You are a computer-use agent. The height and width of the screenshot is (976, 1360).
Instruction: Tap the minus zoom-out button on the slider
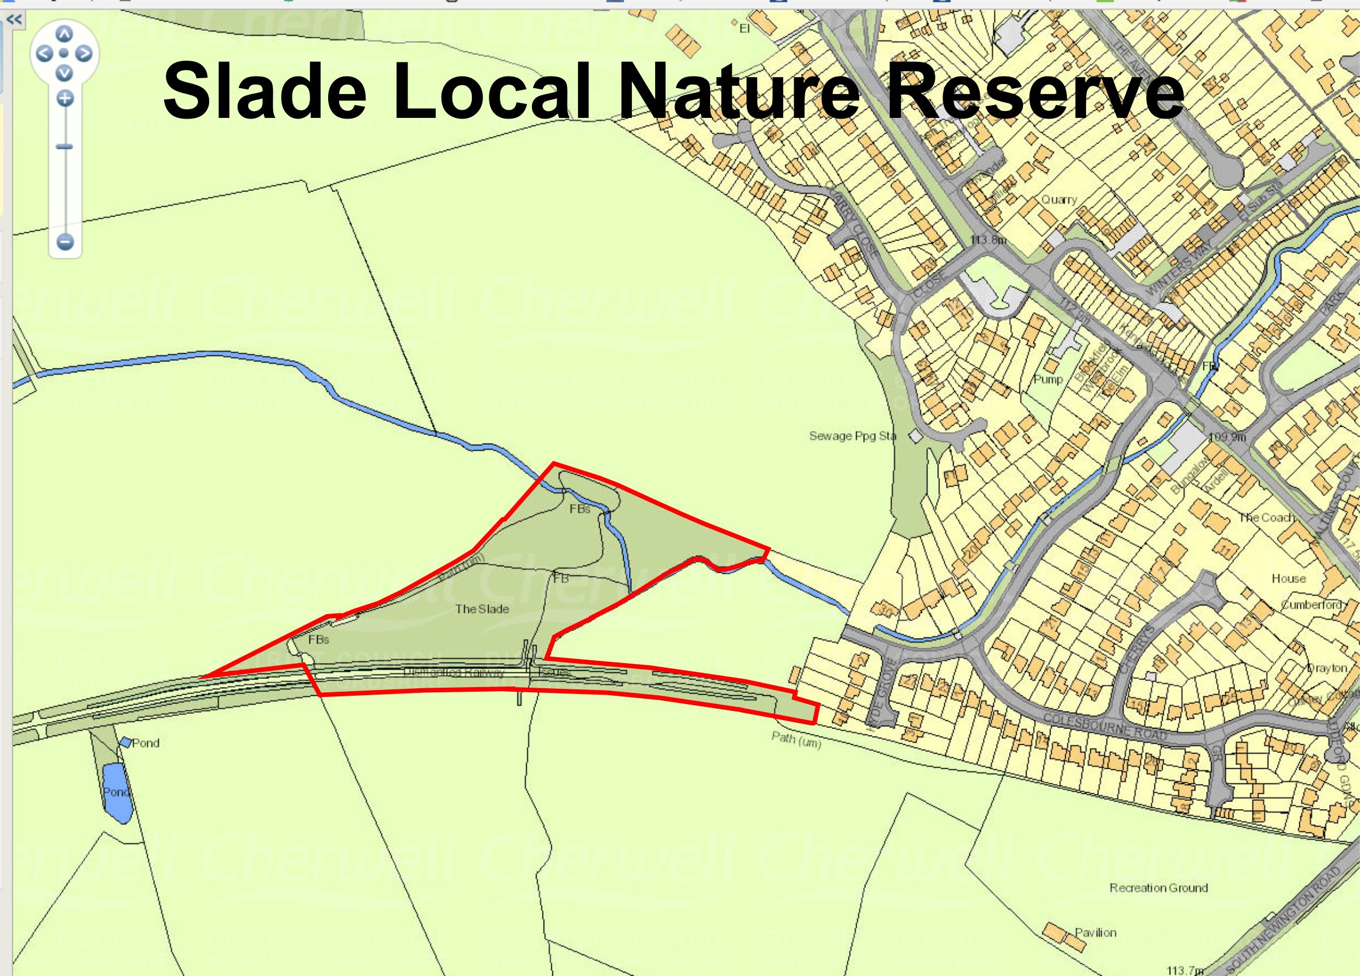click(x=65, y=242)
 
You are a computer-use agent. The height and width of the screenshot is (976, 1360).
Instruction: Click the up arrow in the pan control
click(x=65, y=35)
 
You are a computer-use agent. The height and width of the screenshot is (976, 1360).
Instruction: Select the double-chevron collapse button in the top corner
click(x=14, y=19)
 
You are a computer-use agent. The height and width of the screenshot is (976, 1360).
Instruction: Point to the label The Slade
click(x=482, y=609)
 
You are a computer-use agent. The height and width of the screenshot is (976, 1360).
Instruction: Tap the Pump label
click(x=1048, y=379)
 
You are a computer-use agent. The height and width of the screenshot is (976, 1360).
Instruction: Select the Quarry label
click(x=1059, y=200)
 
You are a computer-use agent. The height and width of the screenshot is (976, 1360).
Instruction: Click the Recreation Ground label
click(x=1159, y=888)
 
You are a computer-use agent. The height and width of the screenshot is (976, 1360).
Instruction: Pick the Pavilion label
click(x=1095, y=933)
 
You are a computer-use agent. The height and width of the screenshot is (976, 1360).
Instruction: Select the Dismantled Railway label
click(x=454, y=672)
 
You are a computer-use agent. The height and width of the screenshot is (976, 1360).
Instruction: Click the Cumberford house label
click(x=1312, y=604)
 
